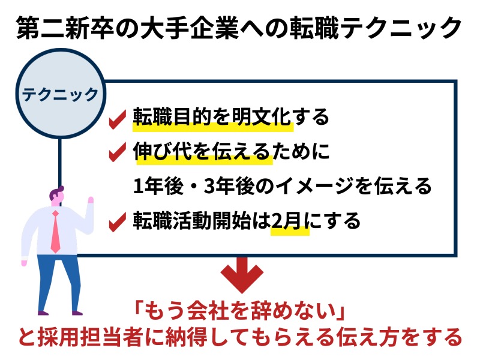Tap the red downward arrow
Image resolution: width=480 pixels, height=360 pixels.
(242, 274)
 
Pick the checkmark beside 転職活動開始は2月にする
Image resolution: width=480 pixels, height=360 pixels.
(118, 221)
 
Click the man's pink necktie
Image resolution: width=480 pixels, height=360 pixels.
(55, 232)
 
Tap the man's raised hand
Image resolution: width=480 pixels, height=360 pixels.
(91, 200)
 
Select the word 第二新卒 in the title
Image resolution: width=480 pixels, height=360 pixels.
(65, 28)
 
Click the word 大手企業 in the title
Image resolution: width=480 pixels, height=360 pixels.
(190, 28)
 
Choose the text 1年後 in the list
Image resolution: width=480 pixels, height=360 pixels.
(158, 186)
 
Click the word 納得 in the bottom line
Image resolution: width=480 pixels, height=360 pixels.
(186, 337)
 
